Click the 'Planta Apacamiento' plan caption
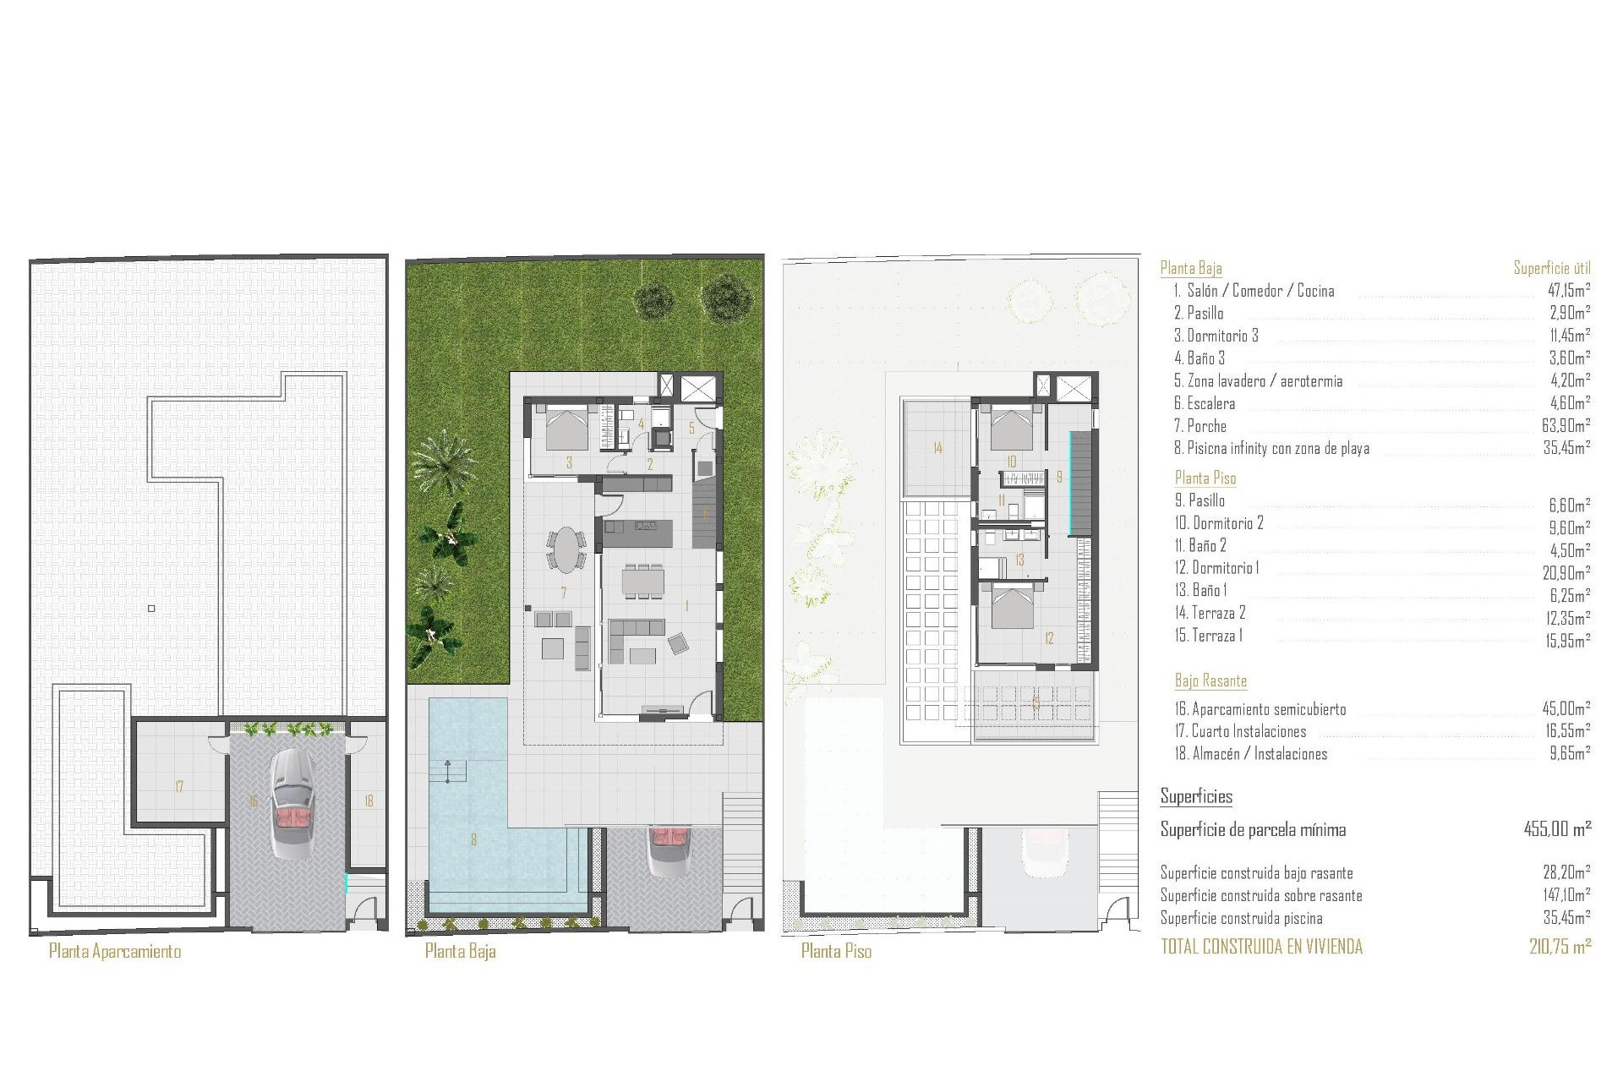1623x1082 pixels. pos(115,951)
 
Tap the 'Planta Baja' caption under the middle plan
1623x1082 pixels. pos(460,951)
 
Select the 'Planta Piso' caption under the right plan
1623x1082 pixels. pos(836,951)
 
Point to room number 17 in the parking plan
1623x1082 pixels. pos(179,787)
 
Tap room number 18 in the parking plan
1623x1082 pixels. pos(369,801)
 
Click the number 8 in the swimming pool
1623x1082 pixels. pos(473,839)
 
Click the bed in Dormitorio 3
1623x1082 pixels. pos(566,428)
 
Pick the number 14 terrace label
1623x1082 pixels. pos(937,448)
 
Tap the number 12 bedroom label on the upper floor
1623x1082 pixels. pos(1049,638)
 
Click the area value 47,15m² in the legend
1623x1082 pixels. pos(1566,291)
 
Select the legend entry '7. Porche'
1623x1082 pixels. pos(1199,426)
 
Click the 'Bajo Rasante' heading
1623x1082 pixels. pos(1210,680)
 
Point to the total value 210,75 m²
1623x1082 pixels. pos(1560,947)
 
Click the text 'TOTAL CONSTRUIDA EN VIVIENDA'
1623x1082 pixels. pos(1261,947)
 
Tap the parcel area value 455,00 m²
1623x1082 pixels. pos(1557,829)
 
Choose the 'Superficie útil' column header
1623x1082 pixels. pos(1552,268)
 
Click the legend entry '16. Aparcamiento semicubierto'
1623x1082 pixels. pos(1260,709)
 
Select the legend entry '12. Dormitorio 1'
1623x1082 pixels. pos(1216,568)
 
